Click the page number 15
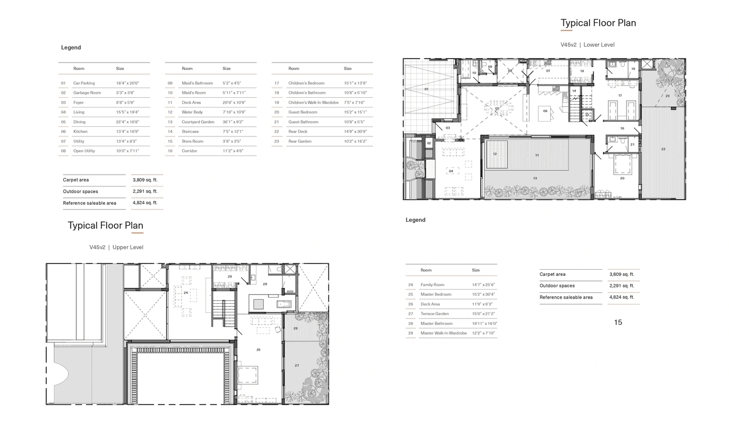[x=618, y=323]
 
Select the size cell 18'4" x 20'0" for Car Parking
[x=128, y=83]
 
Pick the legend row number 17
[x=277, y=83]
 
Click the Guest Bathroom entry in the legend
[x=303, y=122]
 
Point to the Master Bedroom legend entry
[x=436, y=294]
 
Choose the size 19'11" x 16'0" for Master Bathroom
[x=484, y=323]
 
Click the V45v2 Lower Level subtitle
[x=587, y=44]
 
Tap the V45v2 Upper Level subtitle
[x=116, y=247]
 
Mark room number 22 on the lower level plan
[x=663, y=149]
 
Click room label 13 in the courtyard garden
[x=535, y=178]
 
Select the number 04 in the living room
[x=450, y=171]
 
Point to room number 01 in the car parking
[x=426, y=89]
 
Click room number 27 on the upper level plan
[x=297, y=365]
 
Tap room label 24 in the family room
[x=186, y=292]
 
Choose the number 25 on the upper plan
[x=259, y=350]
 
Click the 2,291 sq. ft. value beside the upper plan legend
[x=621, y=286]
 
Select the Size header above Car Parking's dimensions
[x=120, y=68]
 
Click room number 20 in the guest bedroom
[x=622, y=178]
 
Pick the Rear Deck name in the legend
[x=297, y=131]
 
